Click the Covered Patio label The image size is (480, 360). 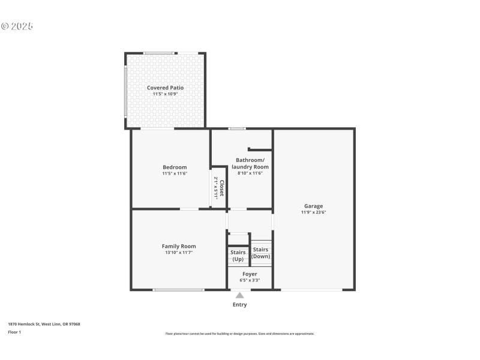[165, 88]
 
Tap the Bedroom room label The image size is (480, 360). [175, 167]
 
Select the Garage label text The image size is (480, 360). [313, 206]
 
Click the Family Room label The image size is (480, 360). [179, 246]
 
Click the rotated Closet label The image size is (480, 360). [221, 188]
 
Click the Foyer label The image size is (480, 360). [250, 274]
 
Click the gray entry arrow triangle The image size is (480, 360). [239, 295]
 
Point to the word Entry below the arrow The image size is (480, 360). [239, 305]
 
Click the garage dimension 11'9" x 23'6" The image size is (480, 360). [313, 212]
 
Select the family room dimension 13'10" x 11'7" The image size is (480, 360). [179, 253]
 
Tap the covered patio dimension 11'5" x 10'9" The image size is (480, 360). [165, 94]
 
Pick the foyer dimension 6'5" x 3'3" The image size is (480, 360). [250, 280]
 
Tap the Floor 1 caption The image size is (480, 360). [14, 332]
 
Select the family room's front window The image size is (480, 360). [178, 290]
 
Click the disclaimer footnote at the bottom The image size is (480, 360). [239, 334]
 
